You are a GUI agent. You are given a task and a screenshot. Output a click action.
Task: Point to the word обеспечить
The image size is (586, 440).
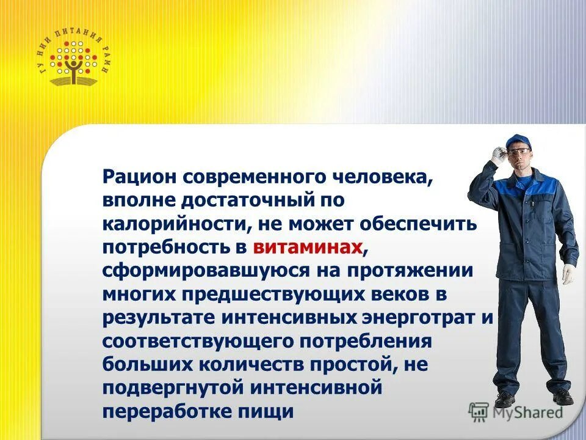coord(423,224)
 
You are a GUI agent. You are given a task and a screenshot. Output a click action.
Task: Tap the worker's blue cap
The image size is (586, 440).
coord(520,141)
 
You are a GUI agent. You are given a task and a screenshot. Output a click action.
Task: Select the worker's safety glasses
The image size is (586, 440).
coord(518,150)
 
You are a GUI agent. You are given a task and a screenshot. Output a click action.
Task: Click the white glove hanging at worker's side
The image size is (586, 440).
coord(568,273)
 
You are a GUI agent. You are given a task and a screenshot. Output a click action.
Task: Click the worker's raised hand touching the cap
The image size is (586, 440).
coord(498,153)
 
